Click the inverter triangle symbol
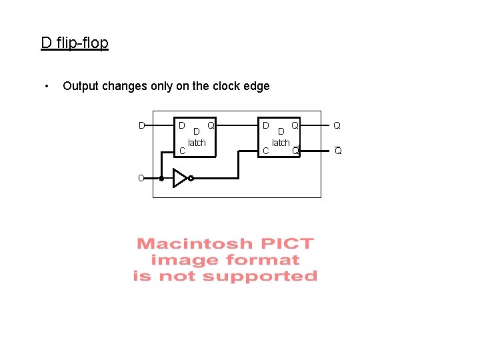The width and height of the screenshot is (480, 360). pos(179,178)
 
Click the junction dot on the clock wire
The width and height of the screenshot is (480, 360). pos(161,179)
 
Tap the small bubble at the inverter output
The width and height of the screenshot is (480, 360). pos(191,179)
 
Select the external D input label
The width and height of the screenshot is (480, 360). pos(141,125)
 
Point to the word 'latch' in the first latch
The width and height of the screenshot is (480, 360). pos(197,143)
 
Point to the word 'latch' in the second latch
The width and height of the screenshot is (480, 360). pos(281,143)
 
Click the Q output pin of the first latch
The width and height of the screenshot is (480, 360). pos(211,125)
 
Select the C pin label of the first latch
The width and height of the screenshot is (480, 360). pos(182,151)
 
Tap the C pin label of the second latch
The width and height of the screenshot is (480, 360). pos(265,151)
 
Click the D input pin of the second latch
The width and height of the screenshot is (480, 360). pos(265,125)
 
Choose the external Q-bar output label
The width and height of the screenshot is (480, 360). pos(338,151)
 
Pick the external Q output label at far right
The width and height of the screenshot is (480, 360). pos(337,125)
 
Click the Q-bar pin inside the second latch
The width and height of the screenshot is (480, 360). pos(295,151)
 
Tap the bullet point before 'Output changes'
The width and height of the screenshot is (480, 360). pos(46,86)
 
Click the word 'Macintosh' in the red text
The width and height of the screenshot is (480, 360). pos(187,244)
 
